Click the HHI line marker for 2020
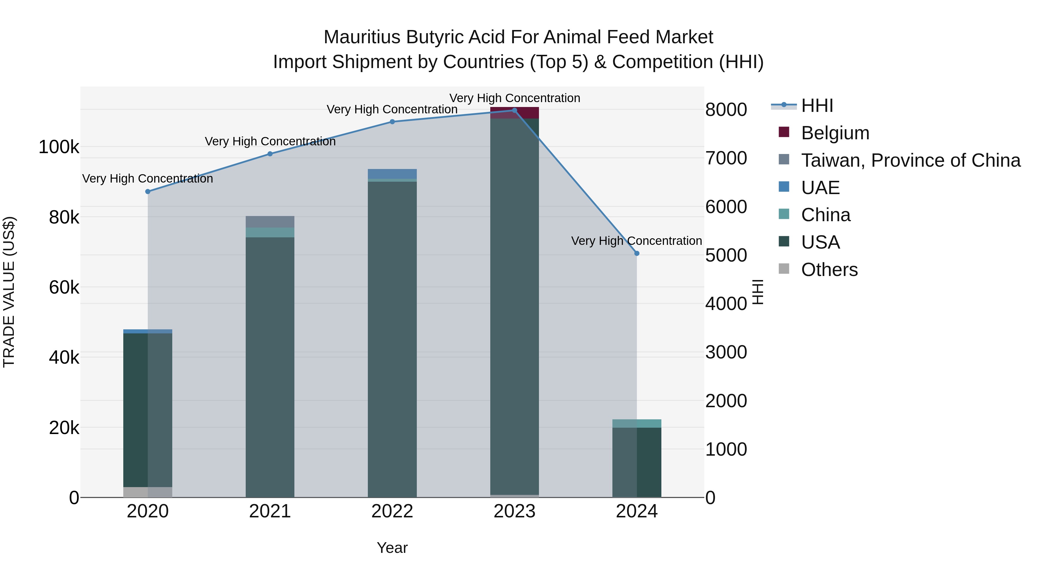coord(148,191)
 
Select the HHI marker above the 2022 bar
coord(392,122)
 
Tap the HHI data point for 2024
coord(636,253)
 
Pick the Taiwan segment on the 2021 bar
coord(270,222)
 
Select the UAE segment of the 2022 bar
coord(392,174)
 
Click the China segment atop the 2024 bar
coord(636,423)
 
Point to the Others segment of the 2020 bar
coord(148,492)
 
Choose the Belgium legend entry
coord(835,133)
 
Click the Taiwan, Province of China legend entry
coord(911,160)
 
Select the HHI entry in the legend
coord(817,106)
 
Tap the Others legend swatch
coord(784,269)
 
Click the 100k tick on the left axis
coord(59,147)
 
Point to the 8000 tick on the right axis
coord(726,110)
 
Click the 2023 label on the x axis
coord(514,511)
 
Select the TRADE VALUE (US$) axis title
coord(9,292)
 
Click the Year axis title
coord(392,548)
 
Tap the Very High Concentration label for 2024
coord(636,241)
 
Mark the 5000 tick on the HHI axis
coord(726,255)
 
